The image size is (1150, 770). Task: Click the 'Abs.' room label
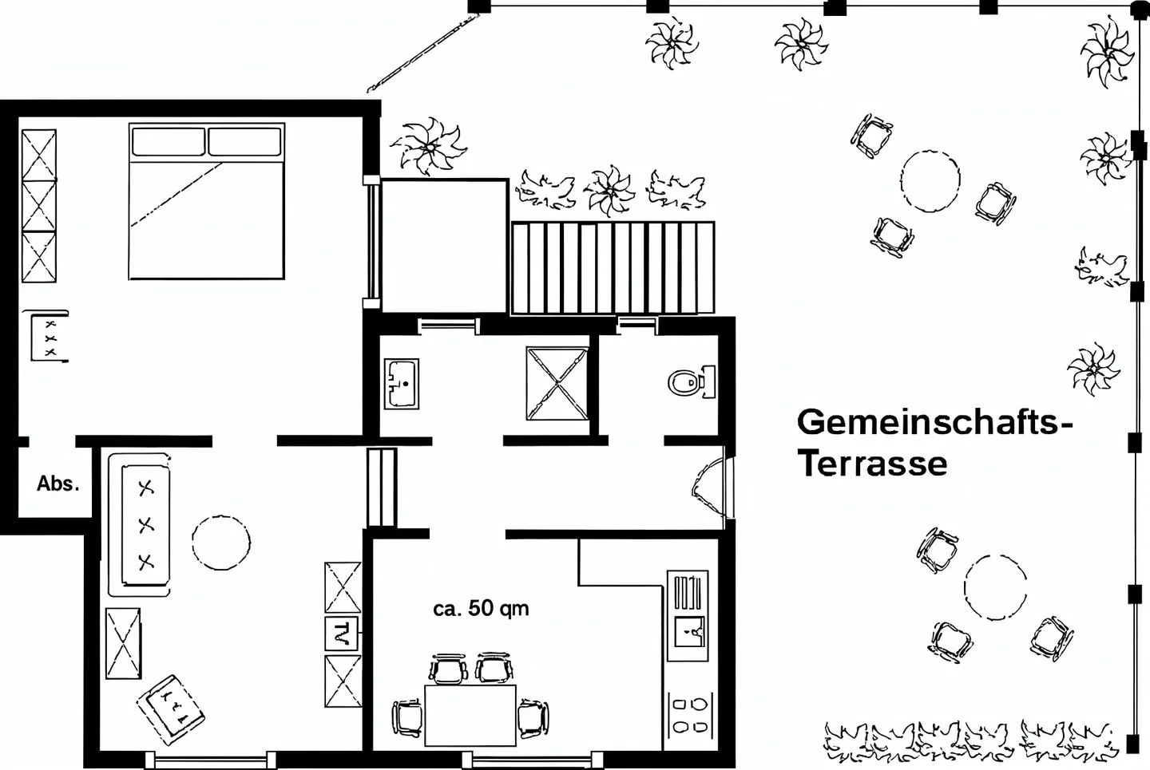pos(58,484)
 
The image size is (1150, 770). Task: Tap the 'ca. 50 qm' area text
pos(481,608)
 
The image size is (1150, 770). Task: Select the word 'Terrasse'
pos(874,464)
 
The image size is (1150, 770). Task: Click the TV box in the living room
pos(342,634)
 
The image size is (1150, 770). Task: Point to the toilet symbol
pos(692,382)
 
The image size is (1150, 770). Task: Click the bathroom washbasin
pos(402,383)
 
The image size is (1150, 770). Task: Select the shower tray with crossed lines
pos(557,383)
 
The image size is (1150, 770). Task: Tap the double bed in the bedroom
pos(206,201)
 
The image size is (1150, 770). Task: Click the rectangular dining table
pos(470,715)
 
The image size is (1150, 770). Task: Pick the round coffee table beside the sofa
pos(221,543)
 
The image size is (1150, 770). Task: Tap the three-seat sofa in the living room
pos(140,525)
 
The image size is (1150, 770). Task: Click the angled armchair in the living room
pos(170,710)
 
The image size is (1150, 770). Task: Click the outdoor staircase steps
pos(613,267)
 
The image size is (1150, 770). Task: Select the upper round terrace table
pos(930,181)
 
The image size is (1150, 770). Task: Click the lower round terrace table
pos(995,587)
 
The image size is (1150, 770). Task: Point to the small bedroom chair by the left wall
pos(48,336)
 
